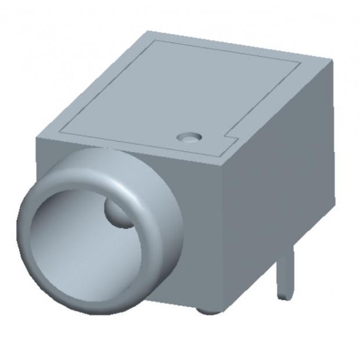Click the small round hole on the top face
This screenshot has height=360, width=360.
[x=188, y=138]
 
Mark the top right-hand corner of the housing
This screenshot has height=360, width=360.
[x=332, y=60]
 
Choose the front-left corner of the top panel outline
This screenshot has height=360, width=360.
[x=61, y=129]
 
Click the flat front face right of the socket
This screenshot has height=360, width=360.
[x=197, y=232]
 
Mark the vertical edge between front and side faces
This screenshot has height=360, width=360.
[x=225, y=232]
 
